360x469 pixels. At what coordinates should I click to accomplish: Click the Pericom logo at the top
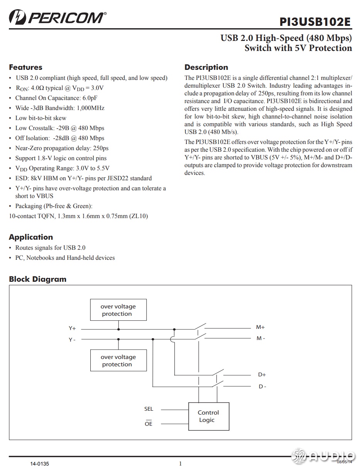57,18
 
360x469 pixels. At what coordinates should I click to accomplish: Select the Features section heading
25,67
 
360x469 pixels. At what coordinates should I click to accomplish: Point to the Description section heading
206,67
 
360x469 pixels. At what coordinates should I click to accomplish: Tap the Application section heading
31,237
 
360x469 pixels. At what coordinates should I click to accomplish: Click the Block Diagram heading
37,279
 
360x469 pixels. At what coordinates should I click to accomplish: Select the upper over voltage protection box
118,310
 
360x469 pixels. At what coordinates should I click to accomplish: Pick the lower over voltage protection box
118,361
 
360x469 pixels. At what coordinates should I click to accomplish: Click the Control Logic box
208,417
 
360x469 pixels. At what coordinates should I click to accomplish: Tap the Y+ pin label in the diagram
72,328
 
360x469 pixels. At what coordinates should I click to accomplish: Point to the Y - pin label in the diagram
72,340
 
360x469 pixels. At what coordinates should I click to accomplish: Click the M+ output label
260,327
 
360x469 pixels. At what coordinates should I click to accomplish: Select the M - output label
261,339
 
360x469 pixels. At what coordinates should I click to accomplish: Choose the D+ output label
262,374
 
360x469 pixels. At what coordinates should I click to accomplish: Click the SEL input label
149,409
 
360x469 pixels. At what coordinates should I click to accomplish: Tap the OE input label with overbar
149,423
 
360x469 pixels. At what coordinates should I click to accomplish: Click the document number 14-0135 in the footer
40,463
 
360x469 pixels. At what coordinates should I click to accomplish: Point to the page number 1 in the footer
180,464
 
